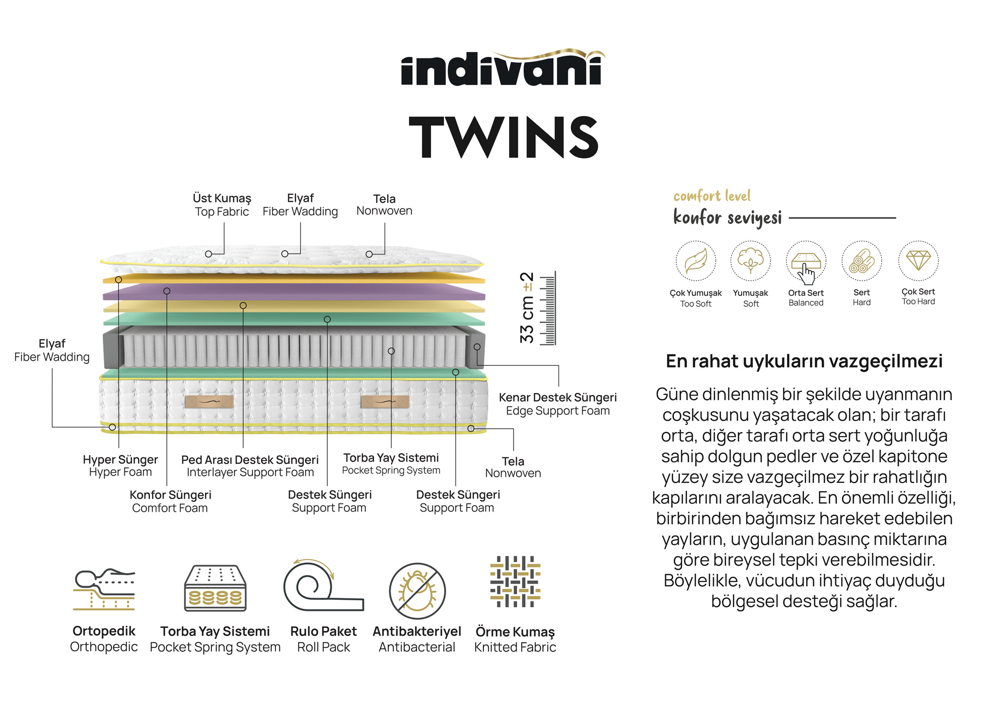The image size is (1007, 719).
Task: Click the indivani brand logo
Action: [502, 69]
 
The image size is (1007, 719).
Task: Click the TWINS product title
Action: [503, 137]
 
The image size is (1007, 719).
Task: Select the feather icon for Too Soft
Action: [695, 261]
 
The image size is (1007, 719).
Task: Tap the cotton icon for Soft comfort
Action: [750, 261]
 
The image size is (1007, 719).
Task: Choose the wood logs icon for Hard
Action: [861, 261]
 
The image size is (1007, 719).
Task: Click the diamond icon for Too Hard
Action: [918, 260]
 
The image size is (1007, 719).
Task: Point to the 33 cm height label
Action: [527, 308]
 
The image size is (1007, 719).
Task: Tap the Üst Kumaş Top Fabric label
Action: [222, 205]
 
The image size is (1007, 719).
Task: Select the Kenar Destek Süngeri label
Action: [557, 404]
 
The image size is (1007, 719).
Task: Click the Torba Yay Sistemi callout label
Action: [391, 463]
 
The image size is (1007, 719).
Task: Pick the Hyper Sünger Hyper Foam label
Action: [120, 465]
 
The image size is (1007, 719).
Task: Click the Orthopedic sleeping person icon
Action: [104, 589]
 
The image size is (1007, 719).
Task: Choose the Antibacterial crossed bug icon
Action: [417, 591]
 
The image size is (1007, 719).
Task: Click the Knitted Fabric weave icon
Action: [515, 582]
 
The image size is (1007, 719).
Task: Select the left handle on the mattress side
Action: [209, 402]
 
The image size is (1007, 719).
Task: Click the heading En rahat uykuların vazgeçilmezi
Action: [804, 361]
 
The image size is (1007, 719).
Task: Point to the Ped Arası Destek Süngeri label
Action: [250, 466]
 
